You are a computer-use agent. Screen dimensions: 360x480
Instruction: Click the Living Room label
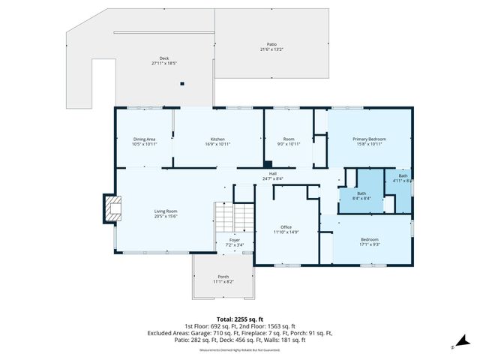tap(165, 214)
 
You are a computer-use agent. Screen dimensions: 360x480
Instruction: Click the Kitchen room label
tap(217, 141)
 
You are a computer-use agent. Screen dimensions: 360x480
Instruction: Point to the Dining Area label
tap(144, 141)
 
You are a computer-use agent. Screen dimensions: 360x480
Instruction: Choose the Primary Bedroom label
tap(370, 141)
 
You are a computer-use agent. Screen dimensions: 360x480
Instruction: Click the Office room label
tap(286, 230)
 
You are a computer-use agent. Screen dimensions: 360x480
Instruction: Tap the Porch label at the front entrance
tap(223, 280)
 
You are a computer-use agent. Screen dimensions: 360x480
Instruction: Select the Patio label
tap(271, 46)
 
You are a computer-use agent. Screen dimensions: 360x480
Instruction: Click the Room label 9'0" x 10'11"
tap(288, 141)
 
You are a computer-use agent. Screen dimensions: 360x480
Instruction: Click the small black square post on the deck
tap(181, 85)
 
